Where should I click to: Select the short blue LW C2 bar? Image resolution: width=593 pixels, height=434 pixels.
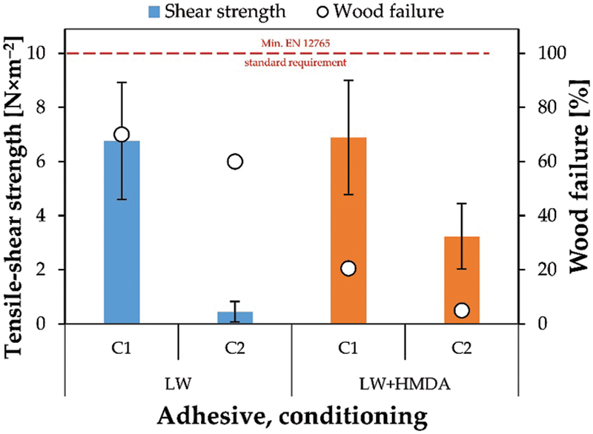235,318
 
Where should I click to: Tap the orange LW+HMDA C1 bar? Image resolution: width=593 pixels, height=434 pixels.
348,230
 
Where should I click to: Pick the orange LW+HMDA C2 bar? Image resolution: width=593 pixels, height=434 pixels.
462,280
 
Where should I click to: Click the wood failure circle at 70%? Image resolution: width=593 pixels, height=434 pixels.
122,134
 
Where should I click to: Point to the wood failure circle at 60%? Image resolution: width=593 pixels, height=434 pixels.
235,161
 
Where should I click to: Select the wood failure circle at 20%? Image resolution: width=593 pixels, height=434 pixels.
348,268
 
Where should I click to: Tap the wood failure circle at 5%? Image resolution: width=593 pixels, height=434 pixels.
462,310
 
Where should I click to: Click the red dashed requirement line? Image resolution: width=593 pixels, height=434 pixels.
185,53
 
